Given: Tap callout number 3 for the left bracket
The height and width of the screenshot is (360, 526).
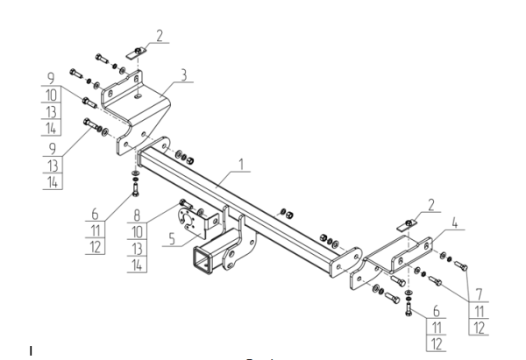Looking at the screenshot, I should (183, 75).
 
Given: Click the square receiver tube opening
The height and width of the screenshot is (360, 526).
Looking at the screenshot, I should (200, 259).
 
